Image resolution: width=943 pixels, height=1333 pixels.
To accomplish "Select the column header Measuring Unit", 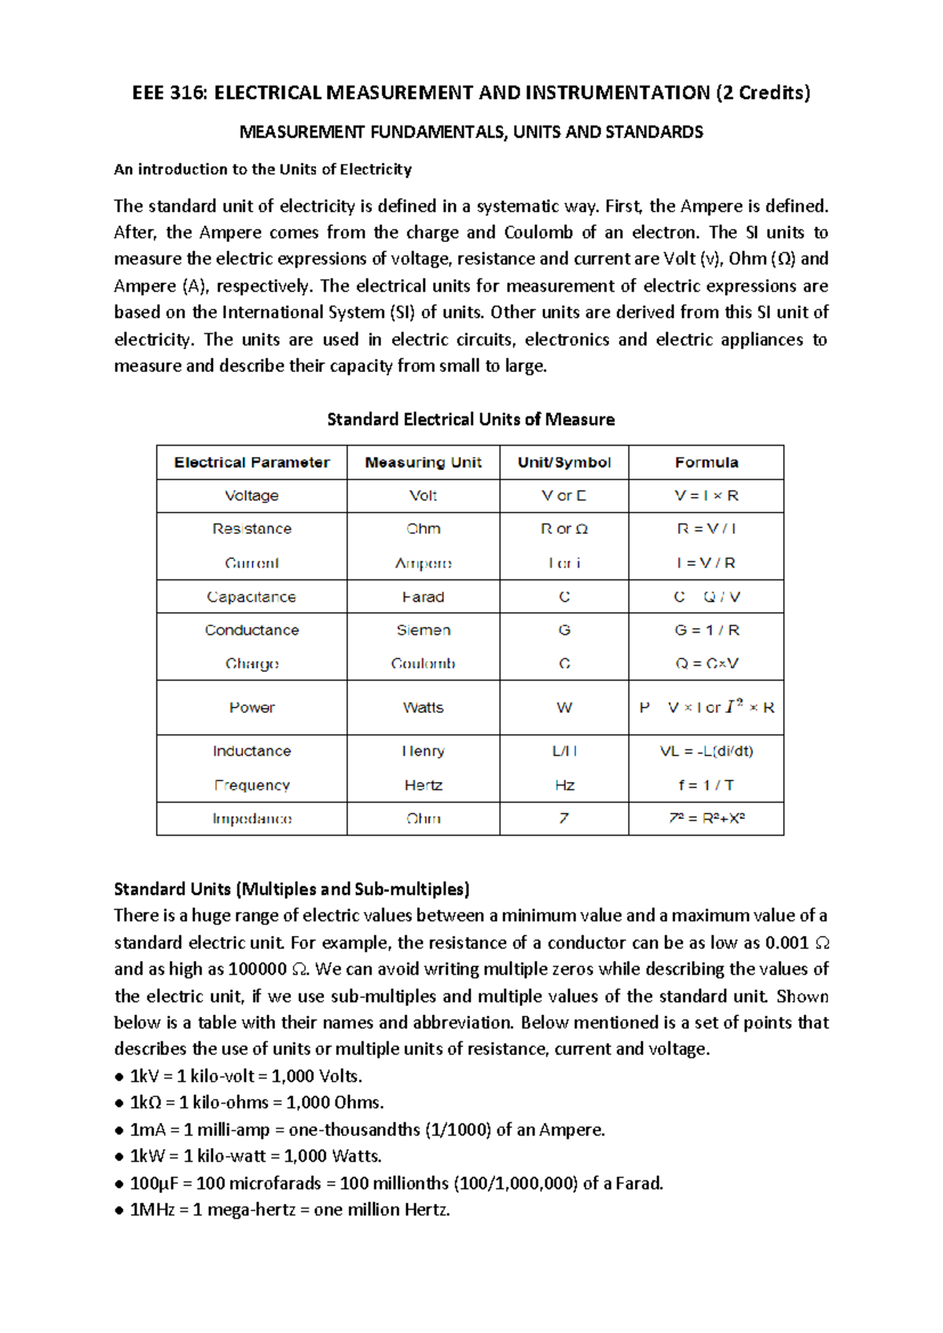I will point(423,462).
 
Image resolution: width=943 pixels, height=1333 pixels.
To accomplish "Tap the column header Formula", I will point(706,462).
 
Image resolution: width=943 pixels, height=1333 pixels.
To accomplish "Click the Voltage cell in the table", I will point(251,496).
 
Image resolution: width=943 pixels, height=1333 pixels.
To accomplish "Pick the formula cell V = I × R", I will point(706,496).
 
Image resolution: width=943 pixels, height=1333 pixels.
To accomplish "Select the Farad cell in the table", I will point(423,597).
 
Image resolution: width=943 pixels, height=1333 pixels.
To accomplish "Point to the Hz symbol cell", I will point(564,785).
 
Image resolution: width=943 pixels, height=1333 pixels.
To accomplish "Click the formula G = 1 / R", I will point(706,630).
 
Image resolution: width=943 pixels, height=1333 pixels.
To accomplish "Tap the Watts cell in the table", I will point(423,707).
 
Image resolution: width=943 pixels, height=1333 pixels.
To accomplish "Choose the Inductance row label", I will point(251,751).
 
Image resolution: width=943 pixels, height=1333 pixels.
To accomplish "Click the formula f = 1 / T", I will point(706,785).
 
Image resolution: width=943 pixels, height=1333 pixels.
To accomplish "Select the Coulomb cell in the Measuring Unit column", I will point(423,664).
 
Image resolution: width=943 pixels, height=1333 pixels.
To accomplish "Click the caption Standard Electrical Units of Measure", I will point(471,420).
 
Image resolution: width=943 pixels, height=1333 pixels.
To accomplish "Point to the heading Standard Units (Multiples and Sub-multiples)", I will point(292,889).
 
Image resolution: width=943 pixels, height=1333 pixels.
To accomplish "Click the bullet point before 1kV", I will point(119,1077).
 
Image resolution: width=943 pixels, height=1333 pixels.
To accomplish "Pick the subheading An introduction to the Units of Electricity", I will point(262,169).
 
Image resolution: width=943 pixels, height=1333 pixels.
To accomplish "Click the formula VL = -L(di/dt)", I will point(706,751).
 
